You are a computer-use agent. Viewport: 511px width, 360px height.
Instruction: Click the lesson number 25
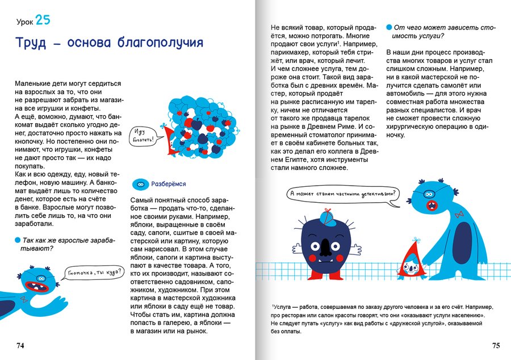pyautogui.click(x=43, y=20)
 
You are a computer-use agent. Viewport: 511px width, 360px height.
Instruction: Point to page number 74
pyautogui.click(x=20, y=346)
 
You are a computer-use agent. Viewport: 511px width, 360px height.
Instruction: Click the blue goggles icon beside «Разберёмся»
pyautogui.click(x=140, y=184)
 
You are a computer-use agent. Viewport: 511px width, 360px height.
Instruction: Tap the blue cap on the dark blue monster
pyautogui.click(x=325, y=218)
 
